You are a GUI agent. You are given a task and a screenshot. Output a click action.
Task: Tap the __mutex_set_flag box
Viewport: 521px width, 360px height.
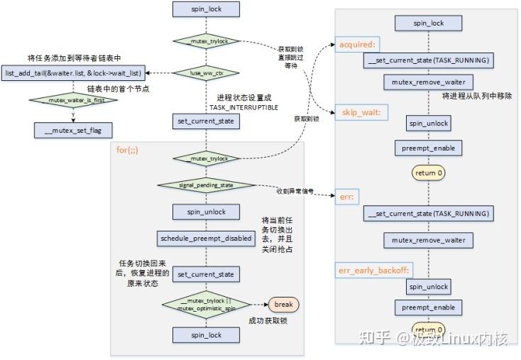tap(73, 130)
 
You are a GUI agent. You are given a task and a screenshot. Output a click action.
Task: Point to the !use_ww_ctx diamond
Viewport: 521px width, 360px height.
tap(207, 72)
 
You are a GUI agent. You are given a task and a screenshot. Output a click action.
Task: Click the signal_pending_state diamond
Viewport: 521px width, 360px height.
tap(207, 185)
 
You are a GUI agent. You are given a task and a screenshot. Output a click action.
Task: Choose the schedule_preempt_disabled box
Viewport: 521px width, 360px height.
tap(207, 238)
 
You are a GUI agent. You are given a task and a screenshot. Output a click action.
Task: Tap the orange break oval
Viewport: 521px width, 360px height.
tap(283, 305)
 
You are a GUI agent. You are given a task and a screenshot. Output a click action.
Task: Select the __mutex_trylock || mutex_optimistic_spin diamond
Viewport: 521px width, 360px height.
tap(207, 305)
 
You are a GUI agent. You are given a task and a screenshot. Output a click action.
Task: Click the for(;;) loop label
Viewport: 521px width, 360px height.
tap(127, 151)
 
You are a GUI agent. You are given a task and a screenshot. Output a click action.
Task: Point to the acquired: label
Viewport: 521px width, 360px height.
tap(355, 44)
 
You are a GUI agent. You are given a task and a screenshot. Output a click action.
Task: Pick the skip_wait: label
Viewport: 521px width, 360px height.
tap(359, 112)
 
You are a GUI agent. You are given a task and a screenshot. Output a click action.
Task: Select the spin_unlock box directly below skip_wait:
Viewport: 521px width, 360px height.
tap(428, 124)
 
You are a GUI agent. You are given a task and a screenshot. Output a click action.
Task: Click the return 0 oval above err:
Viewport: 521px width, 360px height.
tap(428, 172)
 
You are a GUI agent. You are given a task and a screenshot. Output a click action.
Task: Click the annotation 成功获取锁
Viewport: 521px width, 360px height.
tap(268, 321)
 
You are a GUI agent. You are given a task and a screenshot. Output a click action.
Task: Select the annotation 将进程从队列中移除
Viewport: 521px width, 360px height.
tap(476, 96)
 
